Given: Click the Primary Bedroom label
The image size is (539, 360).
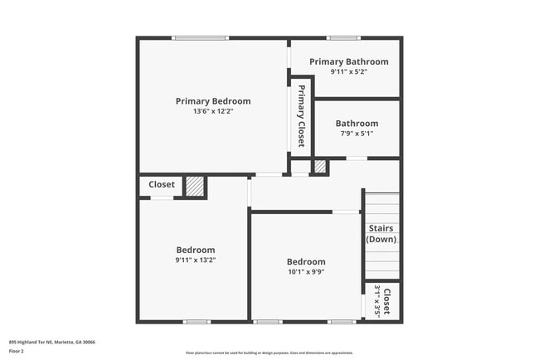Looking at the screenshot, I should click(212, 101).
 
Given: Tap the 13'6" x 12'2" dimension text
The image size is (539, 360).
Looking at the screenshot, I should click(212, 111).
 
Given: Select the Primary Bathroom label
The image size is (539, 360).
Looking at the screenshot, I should click(348, 61).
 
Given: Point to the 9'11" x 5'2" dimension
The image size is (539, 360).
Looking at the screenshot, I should click(348, 71).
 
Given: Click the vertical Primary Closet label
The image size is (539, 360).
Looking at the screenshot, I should click(301, 116).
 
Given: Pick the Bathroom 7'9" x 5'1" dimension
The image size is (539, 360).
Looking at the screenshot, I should click(357, 133).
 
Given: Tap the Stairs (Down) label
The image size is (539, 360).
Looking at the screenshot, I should click(381, 233).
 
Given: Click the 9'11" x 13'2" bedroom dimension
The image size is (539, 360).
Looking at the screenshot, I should click(196, 260).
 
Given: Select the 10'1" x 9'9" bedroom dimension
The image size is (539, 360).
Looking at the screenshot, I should click(306, 271).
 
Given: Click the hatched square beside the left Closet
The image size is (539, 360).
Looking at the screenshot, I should click(195, 186).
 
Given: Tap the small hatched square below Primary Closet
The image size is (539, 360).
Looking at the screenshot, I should click(319, 167).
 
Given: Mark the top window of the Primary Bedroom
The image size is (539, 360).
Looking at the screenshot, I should click(200, 37).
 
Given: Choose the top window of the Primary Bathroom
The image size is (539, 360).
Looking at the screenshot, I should click(342, 37).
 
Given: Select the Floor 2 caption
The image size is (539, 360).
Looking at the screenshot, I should click(17, 351).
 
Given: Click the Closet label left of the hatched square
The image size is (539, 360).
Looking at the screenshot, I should click(162, 184).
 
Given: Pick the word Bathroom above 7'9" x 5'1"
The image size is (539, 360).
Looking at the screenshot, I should click(357, 124).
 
